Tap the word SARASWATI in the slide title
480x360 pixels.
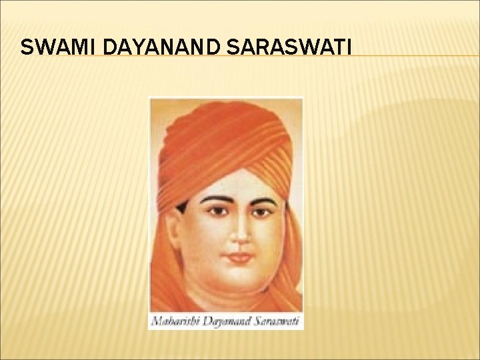point(296,47)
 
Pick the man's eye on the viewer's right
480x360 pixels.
point(261,211)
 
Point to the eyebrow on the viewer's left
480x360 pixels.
point(215,199)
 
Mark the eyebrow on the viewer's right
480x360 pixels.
point(263,198)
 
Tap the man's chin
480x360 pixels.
point(238,277)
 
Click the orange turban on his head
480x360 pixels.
point(227,140)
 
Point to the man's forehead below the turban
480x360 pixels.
point(239,183)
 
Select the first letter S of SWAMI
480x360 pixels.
point(25,47)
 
